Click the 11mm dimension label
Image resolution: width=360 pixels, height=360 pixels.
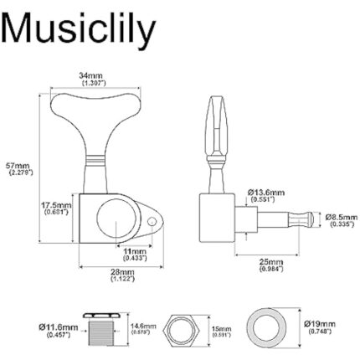pyautogui.click(x=135, y=252)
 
